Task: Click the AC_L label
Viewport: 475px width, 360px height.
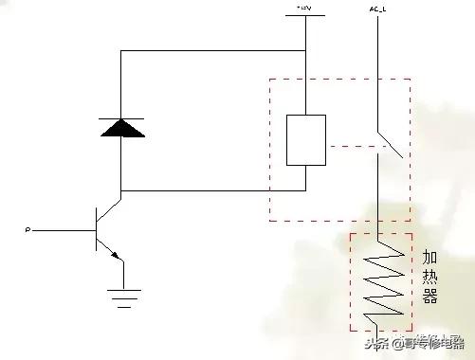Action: [x=377, y=9]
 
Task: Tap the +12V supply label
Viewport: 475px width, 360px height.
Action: [x=305, y=9]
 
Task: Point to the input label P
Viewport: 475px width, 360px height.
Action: [x=27, y=229]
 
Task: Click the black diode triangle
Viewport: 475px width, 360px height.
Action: [x=121, y=130]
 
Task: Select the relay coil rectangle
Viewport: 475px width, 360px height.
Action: [x=305, y=140]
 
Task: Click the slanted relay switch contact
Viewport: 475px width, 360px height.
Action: [x=391, y=143]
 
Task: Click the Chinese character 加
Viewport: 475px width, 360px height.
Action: [x=430, y=258]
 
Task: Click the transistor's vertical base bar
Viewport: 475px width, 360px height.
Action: [x=98, y=229]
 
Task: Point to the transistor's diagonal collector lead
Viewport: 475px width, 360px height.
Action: [x=110, y=207]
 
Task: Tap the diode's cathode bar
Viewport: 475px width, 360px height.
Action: [x=121, y=119]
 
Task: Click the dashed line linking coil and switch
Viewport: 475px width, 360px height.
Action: [x=353, y=146]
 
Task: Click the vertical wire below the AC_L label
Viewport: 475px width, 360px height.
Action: [x=377, y=66]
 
